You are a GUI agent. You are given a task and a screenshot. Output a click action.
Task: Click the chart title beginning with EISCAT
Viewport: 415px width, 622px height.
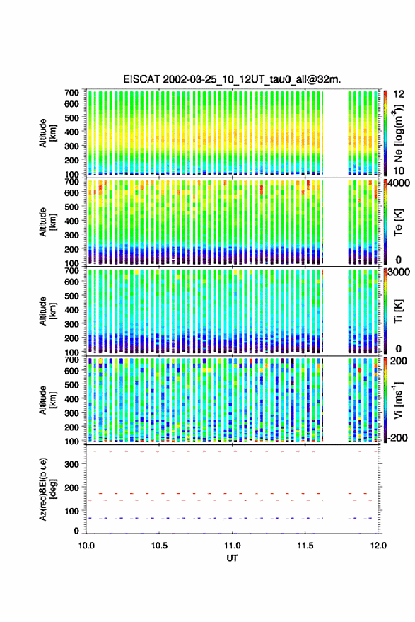[x=232, y=79]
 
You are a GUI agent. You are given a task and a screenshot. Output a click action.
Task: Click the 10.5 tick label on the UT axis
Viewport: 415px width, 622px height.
[x=159, y=546]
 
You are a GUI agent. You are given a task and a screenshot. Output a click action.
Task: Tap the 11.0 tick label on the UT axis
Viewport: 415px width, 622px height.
[x=232, y=546]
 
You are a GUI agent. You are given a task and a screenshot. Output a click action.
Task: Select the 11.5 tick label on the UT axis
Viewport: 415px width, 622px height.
[x=305, y=546]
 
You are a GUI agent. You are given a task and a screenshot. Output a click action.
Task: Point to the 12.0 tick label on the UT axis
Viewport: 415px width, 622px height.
[x=378, y=546]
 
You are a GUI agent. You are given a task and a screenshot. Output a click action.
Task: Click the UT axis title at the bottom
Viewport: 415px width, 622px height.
[x=232, y=558]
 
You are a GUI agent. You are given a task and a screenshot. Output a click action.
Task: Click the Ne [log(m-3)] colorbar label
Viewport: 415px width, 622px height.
[x=398, y=133]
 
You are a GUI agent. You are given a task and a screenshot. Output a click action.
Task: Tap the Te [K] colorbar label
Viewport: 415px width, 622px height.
[x=398, y=223]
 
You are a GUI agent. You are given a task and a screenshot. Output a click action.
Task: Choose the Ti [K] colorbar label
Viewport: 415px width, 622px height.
[x=398, y=311]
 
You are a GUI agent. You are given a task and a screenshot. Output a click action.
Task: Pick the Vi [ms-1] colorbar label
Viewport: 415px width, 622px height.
[x=398, y=400]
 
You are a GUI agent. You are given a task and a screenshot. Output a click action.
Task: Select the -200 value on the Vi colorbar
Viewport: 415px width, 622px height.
[x=397, y=438]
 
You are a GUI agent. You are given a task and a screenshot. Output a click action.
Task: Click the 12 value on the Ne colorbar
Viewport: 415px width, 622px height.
[x=399, y=94]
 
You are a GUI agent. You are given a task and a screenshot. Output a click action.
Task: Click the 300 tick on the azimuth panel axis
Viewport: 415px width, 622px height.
[x=71, y=464]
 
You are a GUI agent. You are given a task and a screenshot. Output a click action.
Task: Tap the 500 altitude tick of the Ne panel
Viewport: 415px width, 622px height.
[x=71, y=117]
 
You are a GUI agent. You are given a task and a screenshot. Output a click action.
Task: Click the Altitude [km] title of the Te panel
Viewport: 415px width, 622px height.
[x=47, y=221]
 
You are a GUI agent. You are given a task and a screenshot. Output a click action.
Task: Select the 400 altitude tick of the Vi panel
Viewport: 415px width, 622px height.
[x=71, y=399]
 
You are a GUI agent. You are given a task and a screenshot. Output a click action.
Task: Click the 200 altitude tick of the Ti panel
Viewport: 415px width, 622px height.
[x=71, y=338]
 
